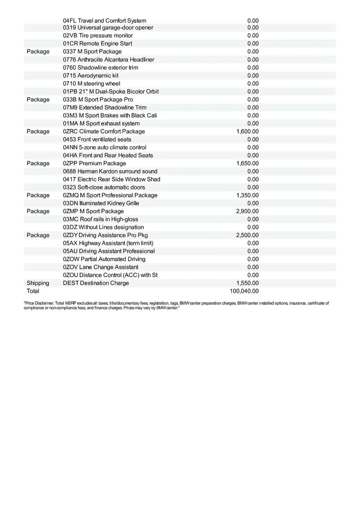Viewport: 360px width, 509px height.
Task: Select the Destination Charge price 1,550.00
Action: pos(247,283)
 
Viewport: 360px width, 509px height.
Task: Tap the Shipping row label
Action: pos(38,283)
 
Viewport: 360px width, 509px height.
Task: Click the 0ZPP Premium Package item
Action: pos(94,163)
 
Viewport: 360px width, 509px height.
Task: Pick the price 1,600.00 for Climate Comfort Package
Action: pos(247,131)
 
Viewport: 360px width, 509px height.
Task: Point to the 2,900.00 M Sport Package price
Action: pos(247,211)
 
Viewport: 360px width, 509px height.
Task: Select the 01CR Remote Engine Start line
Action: pos(97,44)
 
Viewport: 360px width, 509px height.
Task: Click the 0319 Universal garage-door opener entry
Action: pos(108,28)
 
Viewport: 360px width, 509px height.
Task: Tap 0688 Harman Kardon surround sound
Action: pos(110,171)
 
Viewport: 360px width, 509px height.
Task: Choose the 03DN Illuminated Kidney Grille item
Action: pos(101,203)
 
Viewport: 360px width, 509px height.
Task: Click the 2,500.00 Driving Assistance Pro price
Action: pos(247,235)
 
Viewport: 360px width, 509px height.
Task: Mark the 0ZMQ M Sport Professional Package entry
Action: pos(110,195)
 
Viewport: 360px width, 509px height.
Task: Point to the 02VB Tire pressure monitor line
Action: pos(98,36)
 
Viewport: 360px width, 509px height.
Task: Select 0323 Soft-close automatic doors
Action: pos(104,187)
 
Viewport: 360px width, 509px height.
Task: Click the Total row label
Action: pos(33,291)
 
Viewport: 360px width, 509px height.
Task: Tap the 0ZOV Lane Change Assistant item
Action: pos(100,267)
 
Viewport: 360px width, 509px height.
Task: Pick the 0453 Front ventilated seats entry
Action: pos(97,140)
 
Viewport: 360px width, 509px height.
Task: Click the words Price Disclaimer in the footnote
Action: pos(39,303)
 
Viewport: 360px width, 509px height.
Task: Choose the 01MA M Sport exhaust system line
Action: pos(101,123)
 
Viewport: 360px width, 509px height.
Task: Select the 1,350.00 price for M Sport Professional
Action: pos(247,195)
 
